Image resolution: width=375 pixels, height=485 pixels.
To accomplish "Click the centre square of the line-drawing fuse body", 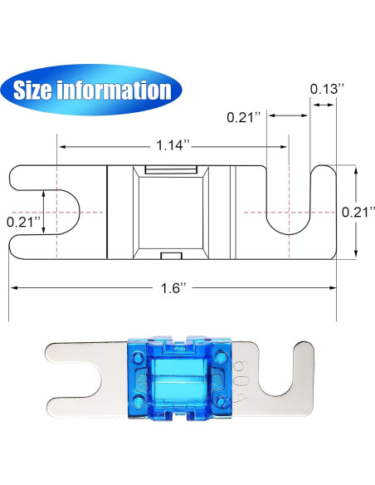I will click(172, 211).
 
